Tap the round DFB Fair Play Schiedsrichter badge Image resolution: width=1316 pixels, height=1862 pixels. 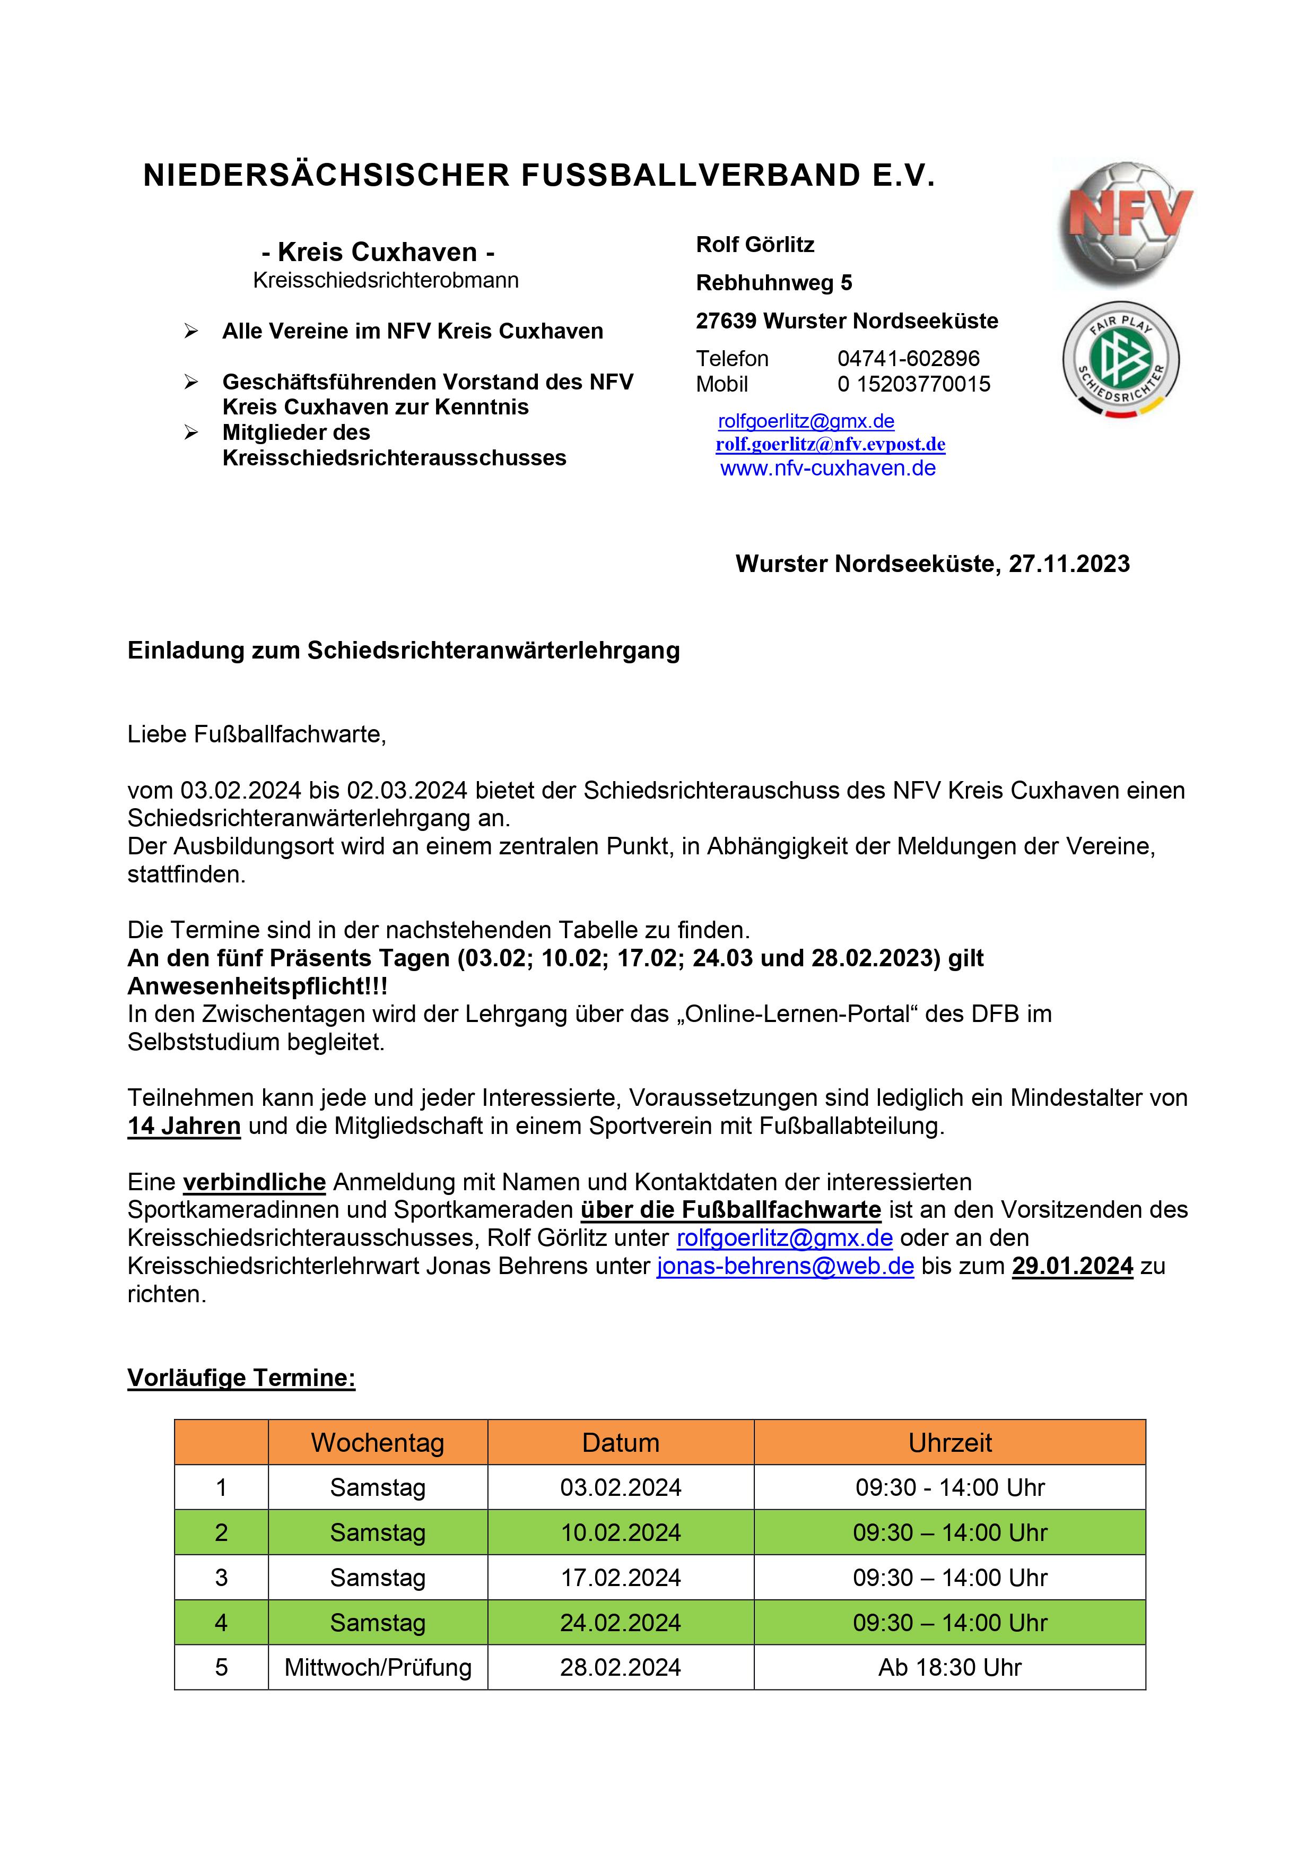(x=1121, y=359)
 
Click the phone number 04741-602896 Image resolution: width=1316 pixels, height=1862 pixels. (x=908, y=359)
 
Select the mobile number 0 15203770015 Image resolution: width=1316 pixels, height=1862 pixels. (x=914, y=384)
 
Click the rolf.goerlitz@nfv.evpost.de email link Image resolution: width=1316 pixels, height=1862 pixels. (x=830, y=445)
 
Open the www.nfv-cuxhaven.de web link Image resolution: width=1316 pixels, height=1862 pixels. (x=828, y=469)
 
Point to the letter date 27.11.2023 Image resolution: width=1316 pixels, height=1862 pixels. (x=1069, y=565)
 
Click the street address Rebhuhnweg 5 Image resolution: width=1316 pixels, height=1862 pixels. (x=773, y=283)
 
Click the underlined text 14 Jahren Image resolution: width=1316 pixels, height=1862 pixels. (x=184, y=1127)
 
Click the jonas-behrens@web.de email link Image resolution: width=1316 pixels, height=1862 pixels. (x=785, y=1266)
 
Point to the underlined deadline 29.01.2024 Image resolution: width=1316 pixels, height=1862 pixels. (x=1072, y=1266)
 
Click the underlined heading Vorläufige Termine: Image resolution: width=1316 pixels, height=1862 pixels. (x=241, y=1378)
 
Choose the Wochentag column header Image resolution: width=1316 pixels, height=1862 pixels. (x=377, y=1443)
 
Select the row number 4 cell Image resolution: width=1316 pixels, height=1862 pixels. (x=221, y=1623)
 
